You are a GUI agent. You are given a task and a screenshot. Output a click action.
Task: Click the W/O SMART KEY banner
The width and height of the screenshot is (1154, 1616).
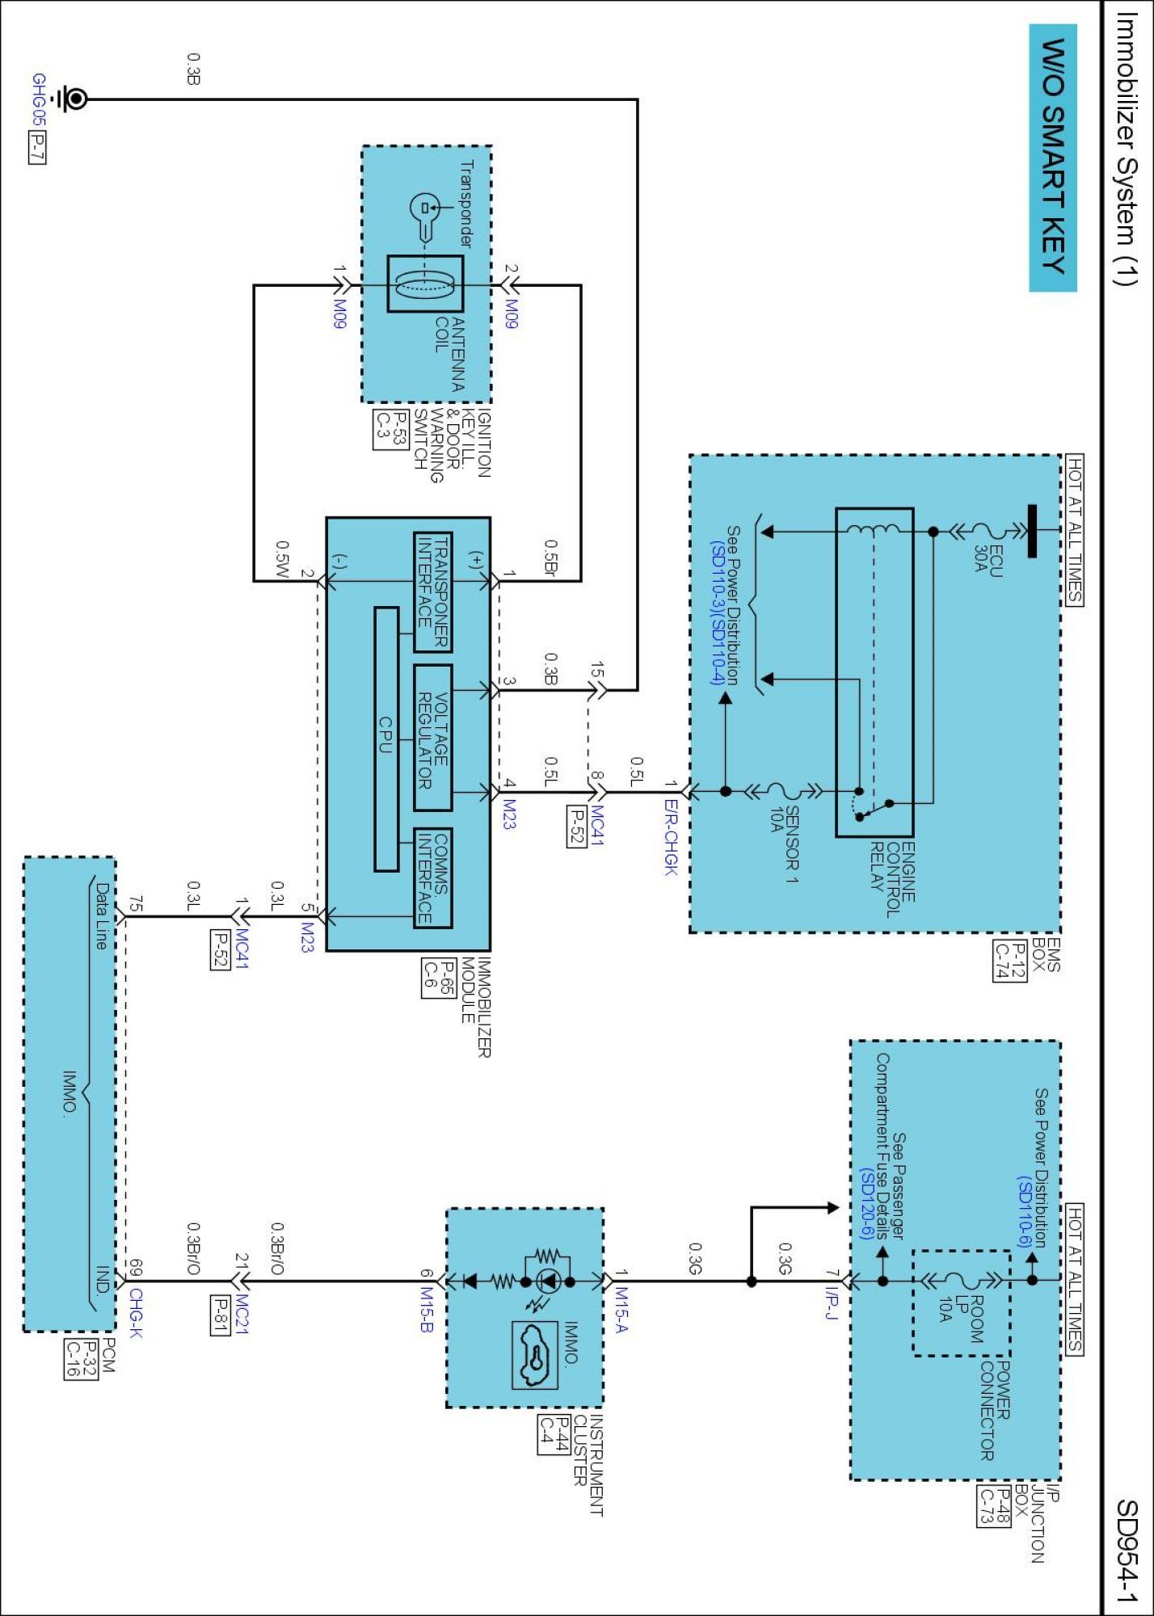(x=1052, y=158)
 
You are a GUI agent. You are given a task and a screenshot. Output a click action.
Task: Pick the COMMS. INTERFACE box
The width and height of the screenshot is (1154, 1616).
(x=432, y=877)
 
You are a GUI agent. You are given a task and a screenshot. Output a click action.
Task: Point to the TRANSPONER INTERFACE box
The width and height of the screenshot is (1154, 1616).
(x=432, y=592)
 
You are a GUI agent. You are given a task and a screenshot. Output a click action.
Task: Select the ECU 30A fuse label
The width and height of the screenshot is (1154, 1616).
(x=988, y=560)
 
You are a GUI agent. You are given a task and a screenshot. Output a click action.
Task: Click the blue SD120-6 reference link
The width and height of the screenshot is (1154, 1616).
(x=867, y=1202)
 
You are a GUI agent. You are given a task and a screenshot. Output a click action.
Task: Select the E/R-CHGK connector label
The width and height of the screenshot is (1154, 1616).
(x=671, y=837)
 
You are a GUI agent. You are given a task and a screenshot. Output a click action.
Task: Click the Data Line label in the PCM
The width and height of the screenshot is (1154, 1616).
(x=101, y=915)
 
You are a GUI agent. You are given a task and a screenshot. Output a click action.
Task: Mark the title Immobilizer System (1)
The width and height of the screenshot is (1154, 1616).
(x=1127, y=149)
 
